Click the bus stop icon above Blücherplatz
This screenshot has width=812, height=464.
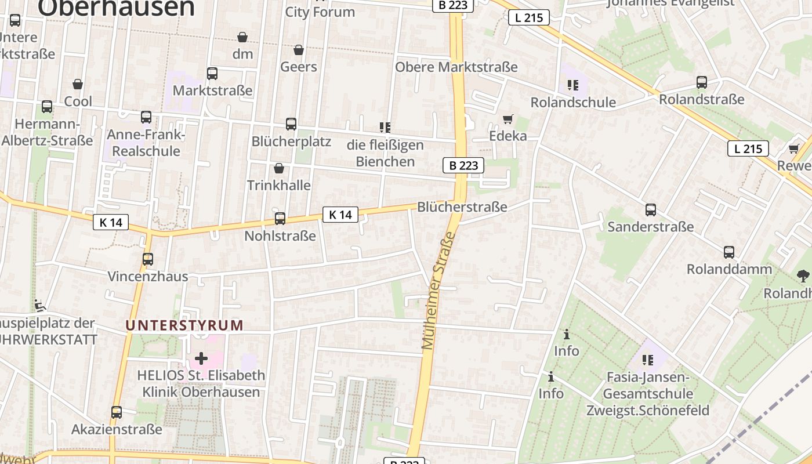pos(291,124)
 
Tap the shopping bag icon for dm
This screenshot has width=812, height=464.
pos(242,37)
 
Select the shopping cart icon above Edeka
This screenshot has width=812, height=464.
pos(508,119)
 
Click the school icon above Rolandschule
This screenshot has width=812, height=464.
pos(573,85)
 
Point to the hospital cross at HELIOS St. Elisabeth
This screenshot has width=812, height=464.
pos(201,358)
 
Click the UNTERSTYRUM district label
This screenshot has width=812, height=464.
pos(184,325)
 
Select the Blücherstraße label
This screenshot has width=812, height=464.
pos(462,207)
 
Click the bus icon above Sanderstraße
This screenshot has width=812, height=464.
pos(651,210)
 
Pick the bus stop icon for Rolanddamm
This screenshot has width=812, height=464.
pos(729,252)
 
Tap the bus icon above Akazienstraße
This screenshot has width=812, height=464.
pos(117,412)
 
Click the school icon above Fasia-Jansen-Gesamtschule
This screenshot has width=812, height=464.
pos(648,360)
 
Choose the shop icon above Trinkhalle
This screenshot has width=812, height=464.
pos(279,168)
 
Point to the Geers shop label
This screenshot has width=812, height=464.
pos(299,67)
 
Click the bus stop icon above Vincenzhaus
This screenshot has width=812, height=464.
pos(148,259)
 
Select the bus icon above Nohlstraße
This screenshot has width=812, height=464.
pos(280,219)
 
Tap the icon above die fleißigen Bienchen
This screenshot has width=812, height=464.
pos(385,127)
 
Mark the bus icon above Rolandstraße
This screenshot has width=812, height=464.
pos(702,82)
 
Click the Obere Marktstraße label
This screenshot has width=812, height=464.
pos(456,67)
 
